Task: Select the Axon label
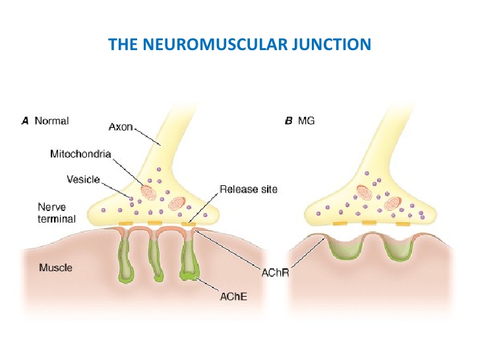point(121,127)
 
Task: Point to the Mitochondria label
point(80,154)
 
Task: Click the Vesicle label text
point(83,179)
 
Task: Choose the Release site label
point(249,189)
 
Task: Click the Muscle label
point(55,268)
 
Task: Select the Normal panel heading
point(51,121)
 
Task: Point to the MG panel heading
point(306,121)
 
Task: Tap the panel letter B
point(288,121)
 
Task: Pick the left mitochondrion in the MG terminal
point(365,193)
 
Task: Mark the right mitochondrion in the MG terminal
point(394,202)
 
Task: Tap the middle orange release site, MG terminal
point(369,224)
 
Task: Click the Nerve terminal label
point(57,212)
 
